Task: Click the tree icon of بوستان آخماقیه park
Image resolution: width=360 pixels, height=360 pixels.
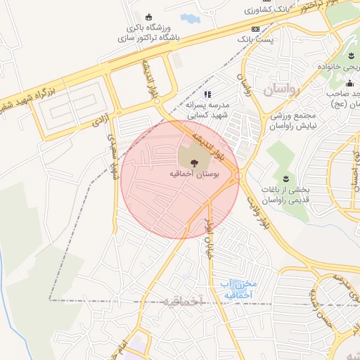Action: tap(194, 162)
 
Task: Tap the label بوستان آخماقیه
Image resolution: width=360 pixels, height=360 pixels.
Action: tap(194, 173)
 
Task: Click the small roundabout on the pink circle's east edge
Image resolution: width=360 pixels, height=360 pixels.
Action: tap(238, 175)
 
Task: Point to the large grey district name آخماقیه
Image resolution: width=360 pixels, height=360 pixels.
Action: tap(181, 301)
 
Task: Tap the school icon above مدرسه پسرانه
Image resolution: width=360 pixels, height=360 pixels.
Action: tap(207, 94)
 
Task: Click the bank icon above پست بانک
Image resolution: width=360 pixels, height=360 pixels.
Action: tap(255, 29)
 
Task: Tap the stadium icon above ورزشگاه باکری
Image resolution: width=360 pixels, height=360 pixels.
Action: tap(148, 18)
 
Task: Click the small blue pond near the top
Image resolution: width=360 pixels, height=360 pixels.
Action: tap(189, 18)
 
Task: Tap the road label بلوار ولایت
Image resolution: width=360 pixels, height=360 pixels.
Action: tap(257, 212)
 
